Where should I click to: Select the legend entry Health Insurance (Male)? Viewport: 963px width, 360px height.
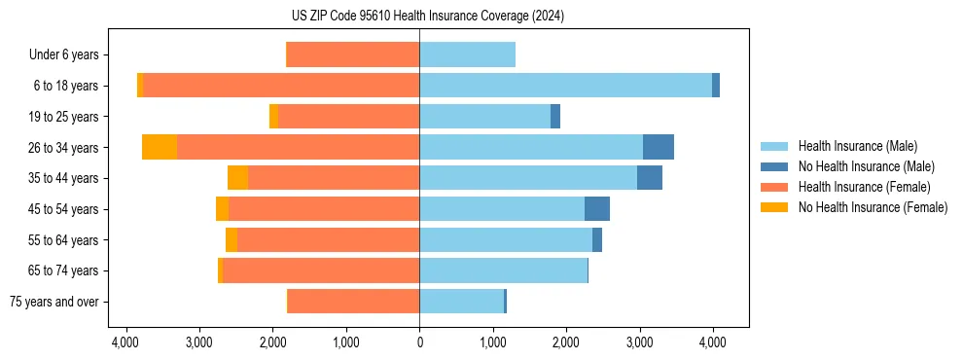[856, 146]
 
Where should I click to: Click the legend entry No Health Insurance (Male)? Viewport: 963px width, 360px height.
[863, 166]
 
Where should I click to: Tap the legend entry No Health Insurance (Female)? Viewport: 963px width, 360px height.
[872, 207]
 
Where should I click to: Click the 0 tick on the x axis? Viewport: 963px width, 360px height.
[419, 342]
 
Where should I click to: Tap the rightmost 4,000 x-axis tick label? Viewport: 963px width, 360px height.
[712, 342]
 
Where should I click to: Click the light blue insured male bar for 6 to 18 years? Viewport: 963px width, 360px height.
[565, 86]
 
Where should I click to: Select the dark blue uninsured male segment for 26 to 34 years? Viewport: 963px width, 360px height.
[659, 147]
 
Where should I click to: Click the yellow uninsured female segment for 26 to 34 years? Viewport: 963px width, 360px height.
[160, 147]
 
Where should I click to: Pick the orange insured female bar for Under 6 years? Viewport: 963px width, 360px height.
[353, 54]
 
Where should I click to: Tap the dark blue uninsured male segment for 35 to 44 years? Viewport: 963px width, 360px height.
[650, 178]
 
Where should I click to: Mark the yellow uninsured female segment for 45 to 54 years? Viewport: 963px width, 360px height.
[222, 209]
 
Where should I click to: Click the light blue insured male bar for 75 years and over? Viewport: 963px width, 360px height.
[461, 302]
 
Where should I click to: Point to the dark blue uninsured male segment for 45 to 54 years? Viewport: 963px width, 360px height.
[597, 209]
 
